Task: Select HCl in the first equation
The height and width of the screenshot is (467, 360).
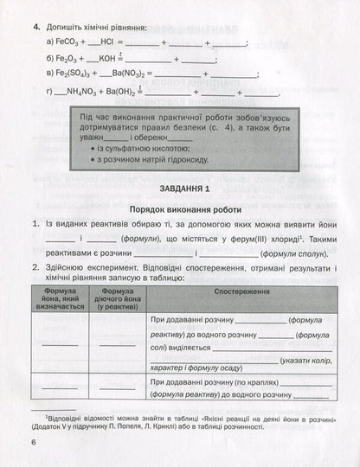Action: pyautogui.click(x=111, y=42)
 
